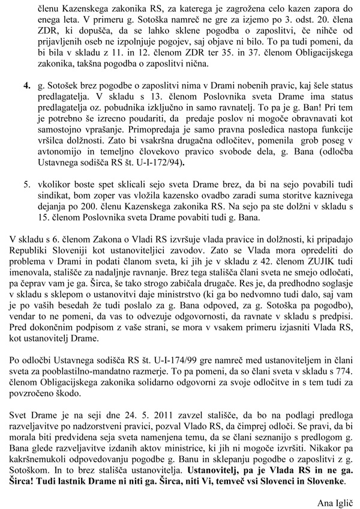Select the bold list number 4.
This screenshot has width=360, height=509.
27,87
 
